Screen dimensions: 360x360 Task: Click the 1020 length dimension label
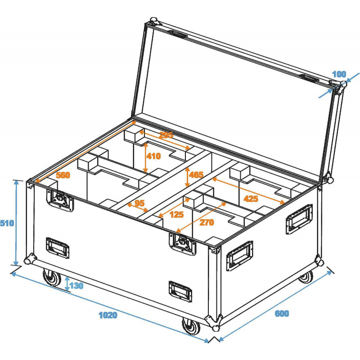tap(108, 315)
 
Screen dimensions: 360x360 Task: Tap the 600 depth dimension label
tap(282, 314)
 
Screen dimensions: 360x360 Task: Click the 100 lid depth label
tap(339, 74)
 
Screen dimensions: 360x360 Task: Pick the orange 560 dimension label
tap(63, 175)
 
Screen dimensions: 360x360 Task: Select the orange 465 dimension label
tap(196, 175)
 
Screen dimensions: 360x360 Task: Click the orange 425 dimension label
tap(250, 198)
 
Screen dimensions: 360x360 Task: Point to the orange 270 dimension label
tap(207, 222)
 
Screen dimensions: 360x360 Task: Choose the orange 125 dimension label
tap(177, 215)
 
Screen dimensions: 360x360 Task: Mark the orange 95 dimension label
tap(140, 203)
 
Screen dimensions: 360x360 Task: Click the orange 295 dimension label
tap(166, 135)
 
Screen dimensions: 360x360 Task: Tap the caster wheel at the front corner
tap(191, 326)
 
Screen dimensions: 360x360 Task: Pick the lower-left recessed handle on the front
tap(58, 247)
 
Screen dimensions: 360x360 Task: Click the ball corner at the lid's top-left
tap(153, 22)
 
